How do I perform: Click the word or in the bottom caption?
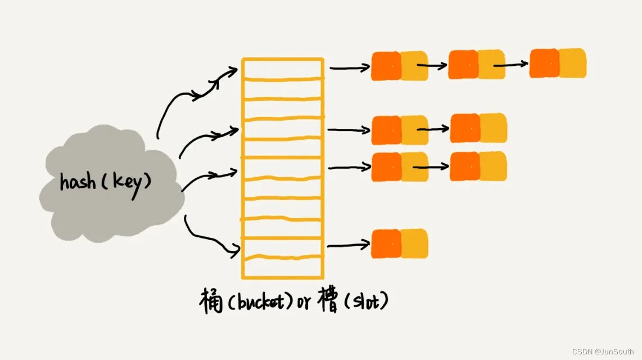[x=304, y=303]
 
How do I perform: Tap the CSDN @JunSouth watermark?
[x=603, y=352]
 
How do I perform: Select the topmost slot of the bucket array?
[x=282, y=69]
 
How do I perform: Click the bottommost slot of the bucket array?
[x=282, y=267]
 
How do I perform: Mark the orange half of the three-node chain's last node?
[x=544, y=63]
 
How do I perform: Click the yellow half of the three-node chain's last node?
[x=573, y=63]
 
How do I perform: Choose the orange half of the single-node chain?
[x=386, y=244]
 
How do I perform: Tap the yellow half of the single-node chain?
[x=414, y=243]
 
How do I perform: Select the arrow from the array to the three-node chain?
[x=350, y=68]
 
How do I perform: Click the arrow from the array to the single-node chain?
[x=349, y=245]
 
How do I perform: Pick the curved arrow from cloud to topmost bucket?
[x=191, y=96]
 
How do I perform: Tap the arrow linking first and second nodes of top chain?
[x=432, y=65]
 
